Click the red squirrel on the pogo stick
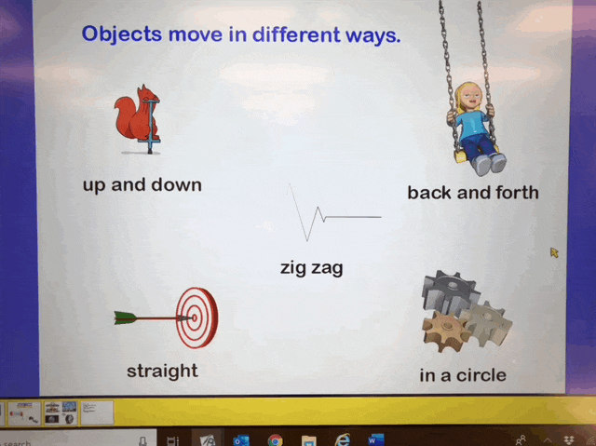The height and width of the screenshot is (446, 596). pyautogui.click(x=136, y=117)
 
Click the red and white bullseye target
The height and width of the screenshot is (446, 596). pyautogui.click(x=197, y=318)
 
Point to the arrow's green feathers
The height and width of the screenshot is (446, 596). pyautogui.click(x=125, y=318)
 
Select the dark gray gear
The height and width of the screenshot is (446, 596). pyautogui.click(x=449, y=291)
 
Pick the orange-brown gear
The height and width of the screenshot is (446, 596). pyautogui.click(x=445, y=331)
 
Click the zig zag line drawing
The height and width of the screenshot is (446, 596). pyautogui.click(x=334, y=213)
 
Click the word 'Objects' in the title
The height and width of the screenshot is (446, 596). pyautogui.click(x=122, y=35)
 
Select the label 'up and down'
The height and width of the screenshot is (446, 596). pyautogui.click(x=142, y=185)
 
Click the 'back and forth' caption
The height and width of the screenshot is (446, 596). pyautogui.click(x=473, y=192)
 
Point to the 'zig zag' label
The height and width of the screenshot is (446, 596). pyautogui.click(x=312, y=268)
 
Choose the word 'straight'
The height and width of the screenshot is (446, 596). pyautogui.click(x=162, y=371)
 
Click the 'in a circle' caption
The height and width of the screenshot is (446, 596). pyautogui.click(x=463, y=375)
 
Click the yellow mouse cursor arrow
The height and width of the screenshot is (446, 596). pyautogui.click(x=555, y=252)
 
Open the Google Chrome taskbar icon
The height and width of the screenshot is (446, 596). pyautogui.click(x=276, y=440)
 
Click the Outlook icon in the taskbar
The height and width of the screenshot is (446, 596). pyautogui.click(x=241, y=440)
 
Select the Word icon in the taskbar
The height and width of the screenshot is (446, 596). pyautogui.click(x=376, y=439)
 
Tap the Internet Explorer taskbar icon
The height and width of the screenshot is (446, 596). pyautogui.click(x=343, y=439)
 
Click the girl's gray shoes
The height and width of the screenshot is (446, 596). pyautogui.click(x=490, y=164)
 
